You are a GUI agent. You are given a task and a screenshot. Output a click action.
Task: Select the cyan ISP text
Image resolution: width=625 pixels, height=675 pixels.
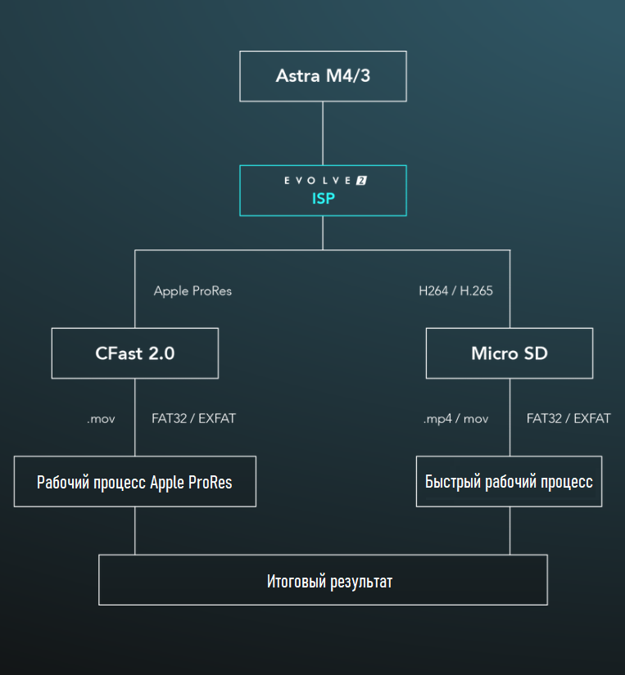[324, 199]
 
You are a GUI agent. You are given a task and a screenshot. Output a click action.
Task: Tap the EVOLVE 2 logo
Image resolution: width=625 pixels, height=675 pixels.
[325, 180]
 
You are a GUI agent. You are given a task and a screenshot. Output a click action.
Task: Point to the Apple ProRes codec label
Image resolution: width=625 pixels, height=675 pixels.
[192, 291]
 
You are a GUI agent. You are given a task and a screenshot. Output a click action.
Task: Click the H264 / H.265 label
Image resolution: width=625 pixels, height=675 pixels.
[455, 291]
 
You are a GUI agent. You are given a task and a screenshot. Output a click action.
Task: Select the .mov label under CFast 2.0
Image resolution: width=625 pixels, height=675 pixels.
[101, 419]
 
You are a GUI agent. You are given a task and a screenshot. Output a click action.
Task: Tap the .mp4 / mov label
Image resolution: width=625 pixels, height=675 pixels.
[455, 419]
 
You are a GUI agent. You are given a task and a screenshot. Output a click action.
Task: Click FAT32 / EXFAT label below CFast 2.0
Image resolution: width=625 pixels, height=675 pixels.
[193, 418]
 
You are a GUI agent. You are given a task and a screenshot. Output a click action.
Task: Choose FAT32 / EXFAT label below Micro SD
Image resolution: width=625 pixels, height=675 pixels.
[568, 418]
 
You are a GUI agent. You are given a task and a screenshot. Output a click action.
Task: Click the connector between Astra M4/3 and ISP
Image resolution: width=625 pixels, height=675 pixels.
[323, 133]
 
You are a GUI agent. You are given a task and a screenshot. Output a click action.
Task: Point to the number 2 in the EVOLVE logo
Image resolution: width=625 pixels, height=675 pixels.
[361, 180]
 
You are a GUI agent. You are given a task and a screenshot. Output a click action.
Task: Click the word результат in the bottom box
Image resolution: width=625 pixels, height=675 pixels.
[361, 582]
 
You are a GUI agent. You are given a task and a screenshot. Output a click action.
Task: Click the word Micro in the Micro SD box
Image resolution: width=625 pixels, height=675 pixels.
[495, 353]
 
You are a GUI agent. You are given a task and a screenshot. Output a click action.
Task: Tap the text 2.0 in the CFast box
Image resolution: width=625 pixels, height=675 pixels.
[161, 353]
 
